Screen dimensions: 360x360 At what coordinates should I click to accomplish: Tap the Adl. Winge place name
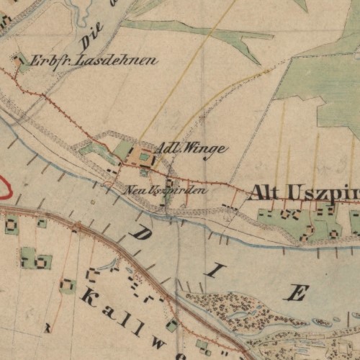192,148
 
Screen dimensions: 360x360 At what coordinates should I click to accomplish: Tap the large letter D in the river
143,235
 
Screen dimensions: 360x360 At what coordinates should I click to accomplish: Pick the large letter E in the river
297,292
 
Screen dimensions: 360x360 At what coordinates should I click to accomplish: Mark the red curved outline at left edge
6,186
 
